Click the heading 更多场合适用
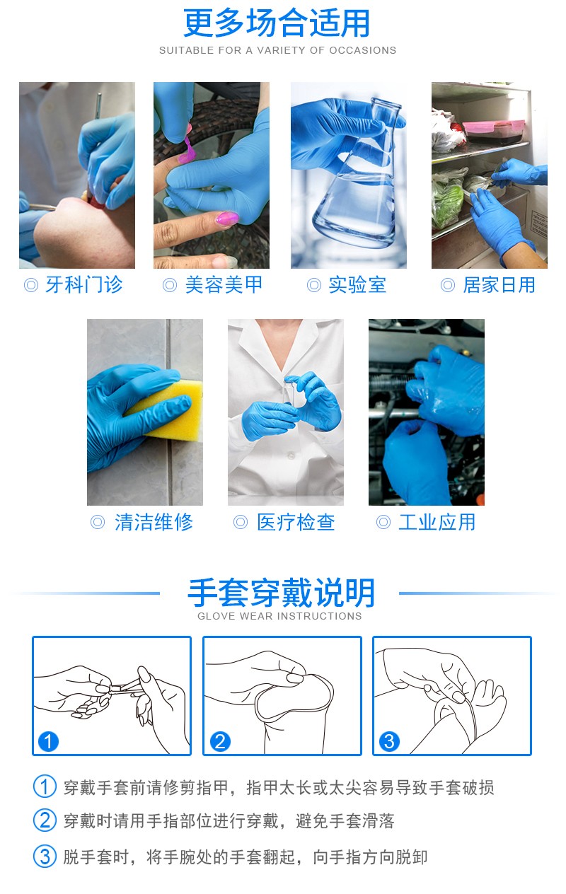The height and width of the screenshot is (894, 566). pos(277,23)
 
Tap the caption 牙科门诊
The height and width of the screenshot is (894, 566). pos(83,285)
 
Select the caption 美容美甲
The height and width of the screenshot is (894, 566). pos(223,285)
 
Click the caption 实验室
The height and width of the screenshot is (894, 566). pos(357,285)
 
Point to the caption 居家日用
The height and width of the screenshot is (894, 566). pos(498,285)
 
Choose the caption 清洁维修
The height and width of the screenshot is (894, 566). pos(153,523)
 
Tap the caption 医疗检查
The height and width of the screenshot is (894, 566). pos(295,523)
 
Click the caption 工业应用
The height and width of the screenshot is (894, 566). pos(437,523)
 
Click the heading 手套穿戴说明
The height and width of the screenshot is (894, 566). pos(281,593)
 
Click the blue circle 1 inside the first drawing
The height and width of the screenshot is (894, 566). pos(48,742)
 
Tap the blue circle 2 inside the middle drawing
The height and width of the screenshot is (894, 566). pos(220,742)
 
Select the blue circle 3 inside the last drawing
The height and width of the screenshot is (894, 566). pos(389,742)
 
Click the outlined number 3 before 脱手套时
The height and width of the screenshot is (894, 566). pos(45,857)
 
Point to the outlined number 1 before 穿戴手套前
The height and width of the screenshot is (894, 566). pos(45,786)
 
